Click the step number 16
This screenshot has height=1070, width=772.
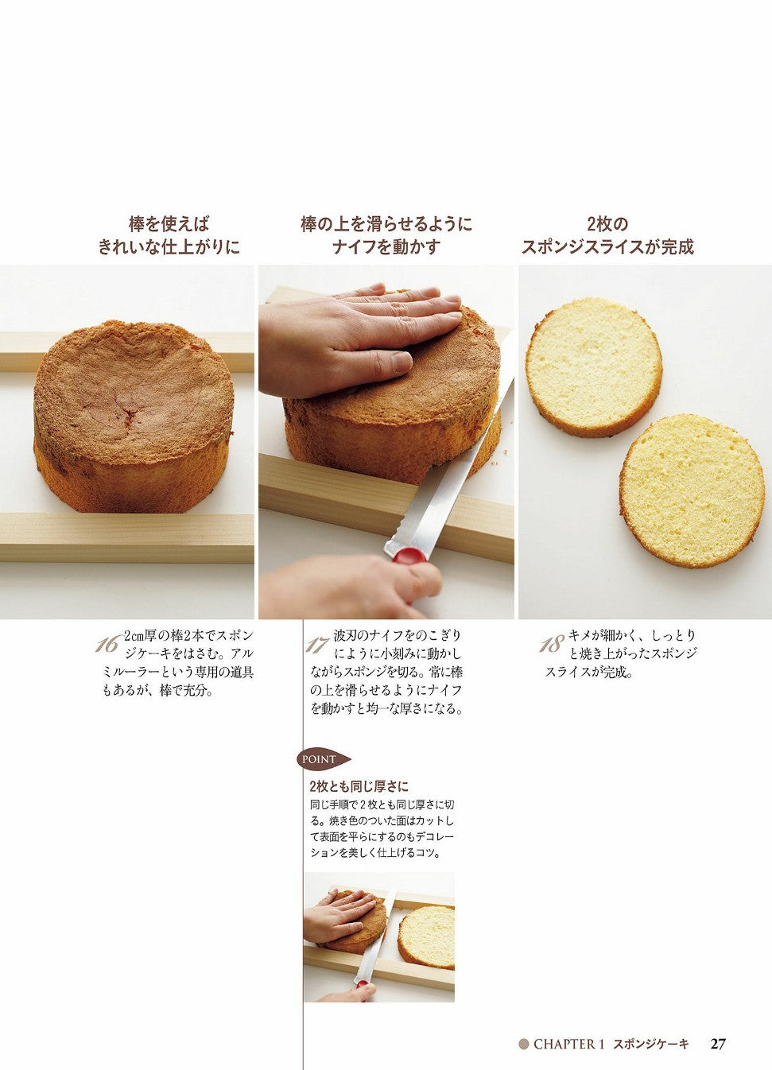(107, 645)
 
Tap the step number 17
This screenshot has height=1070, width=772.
(317, 645)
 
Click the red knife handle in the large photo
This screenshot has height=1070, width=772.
(409, 556)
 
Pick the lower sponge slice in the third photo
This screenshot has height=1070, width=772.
(691, 490)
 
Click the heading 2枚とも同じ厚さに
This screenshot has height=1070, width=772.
(359, 786)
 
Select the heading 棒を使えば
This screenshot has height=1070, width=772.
(169, 224)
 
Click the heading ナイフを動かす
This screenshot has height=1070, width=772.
(386, 247)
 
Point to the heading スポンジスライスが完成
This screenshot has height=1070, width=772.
(607, 247)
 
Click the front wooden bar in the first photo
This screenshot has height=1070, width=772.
(126, 537)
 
